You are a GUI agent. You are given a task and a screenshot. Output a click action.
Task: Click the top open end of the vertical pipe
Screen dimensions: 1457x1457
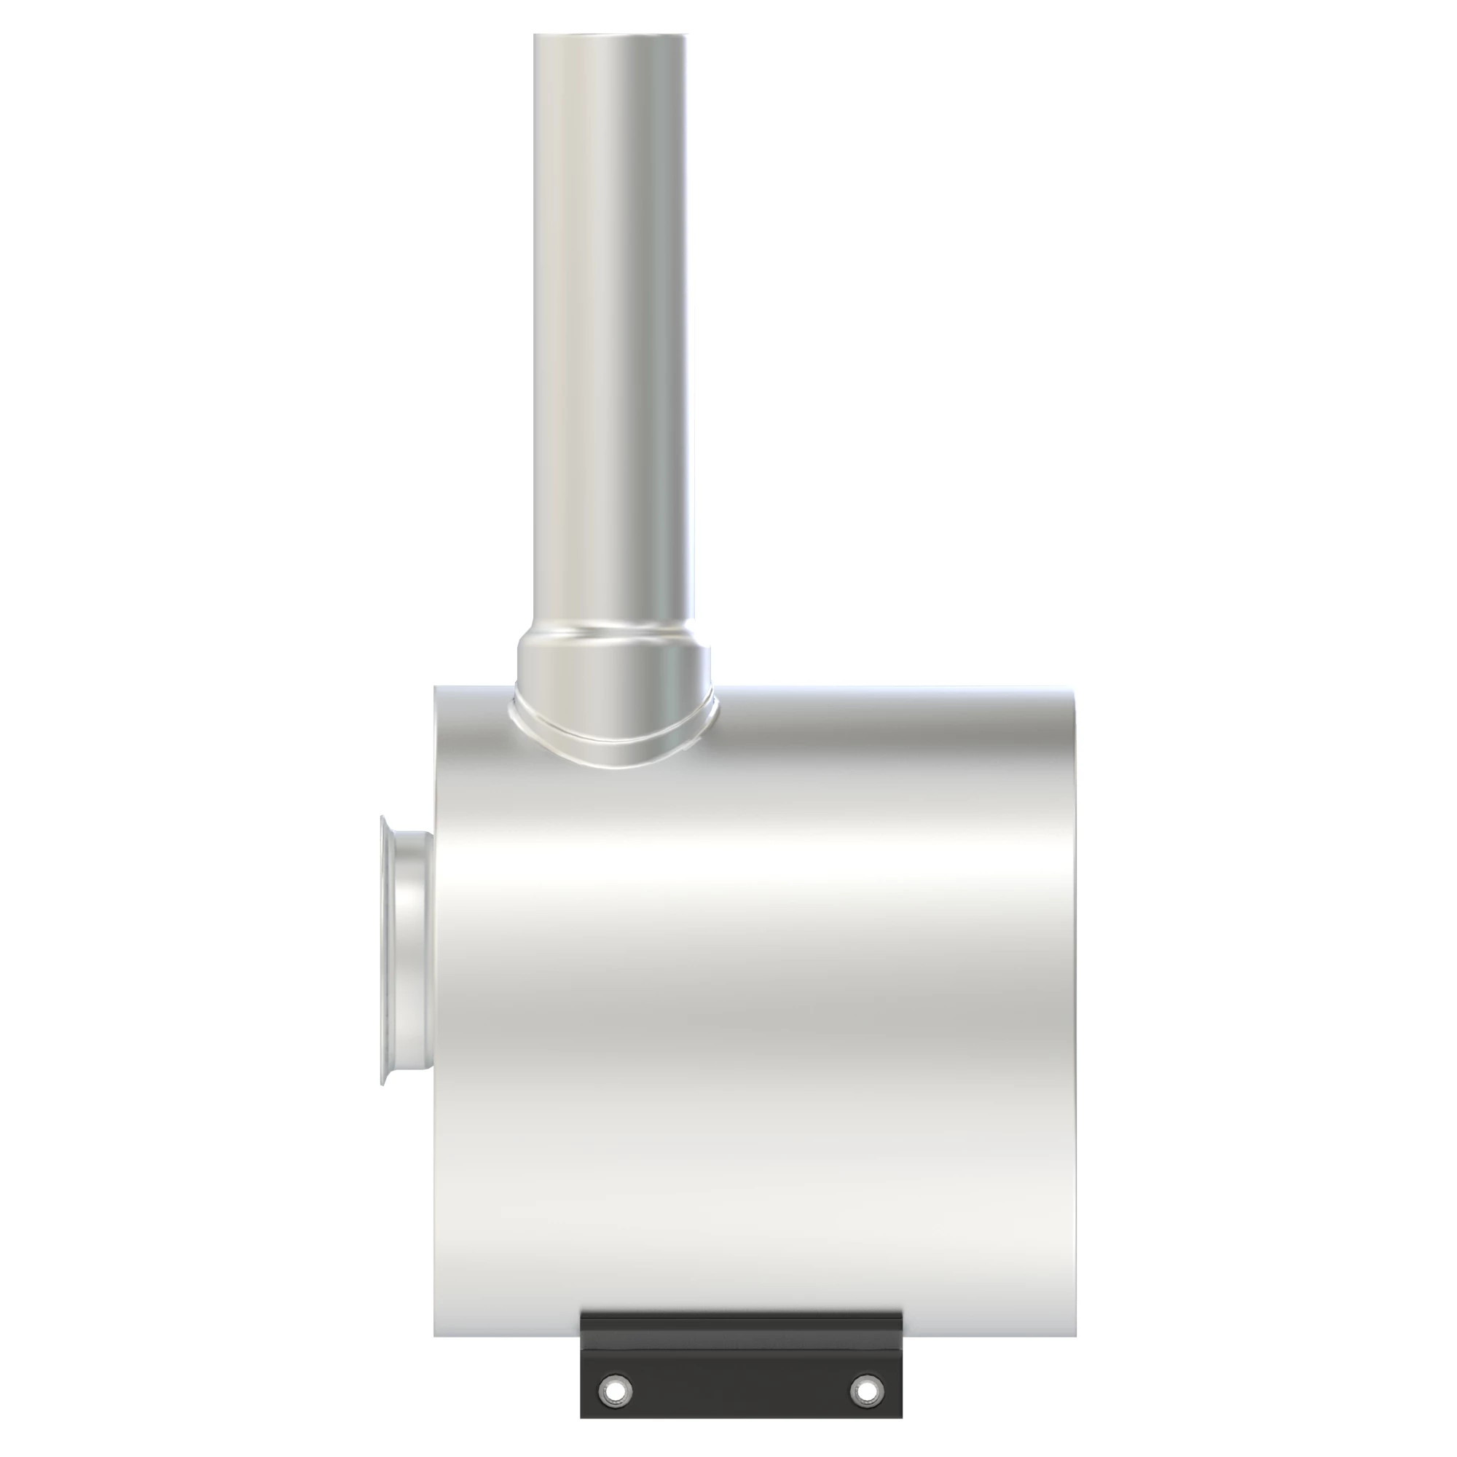coord(610,36)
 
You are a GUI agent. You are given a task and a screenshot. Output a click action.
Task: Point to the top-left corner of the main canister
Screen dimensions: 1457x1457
coord(436,688)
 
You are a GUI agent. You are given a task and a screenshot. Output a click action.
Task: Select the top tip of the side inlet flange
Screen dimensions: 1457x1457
coord(384,817)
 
